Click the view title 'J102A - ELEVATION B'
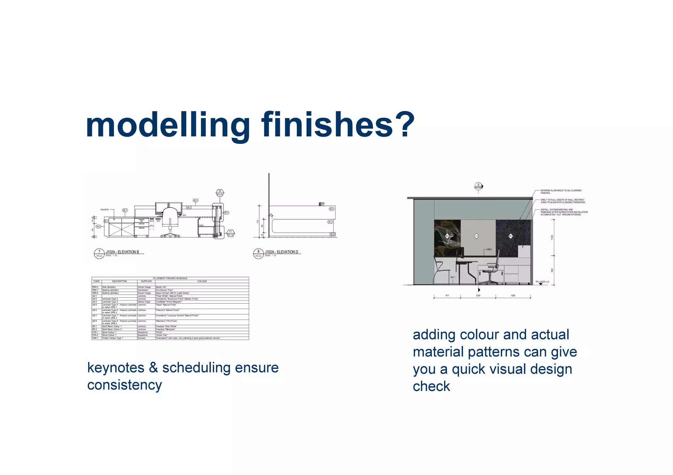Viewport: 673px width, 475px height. pos(122,252)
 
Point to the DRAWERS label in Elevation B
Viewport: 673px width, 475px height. pos(104,209)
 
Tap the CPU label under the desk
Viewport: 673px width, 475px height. pos(151,226)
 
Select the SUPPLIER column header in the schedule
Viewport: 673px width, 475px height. pos(146,281)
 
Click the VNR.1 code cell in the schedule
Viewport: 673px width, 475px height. pos(95,338)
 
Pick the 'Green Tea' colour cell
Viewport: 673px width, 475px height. pos(161,335)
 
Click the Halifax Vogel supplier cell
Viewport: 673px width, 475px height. pos(144,302)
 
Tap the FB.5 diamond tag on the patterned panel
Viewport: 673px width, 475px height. pos(447,236)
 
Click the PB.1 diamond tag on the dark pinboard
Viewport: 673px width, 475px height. pos(511,236)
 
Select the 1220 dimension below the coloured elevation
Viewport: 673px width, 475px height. pos(478,295)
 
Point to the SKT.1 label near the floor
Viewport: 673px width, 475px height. pos(453,277)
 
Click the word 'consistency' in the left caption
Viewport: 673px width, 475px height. pos(125,385)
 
